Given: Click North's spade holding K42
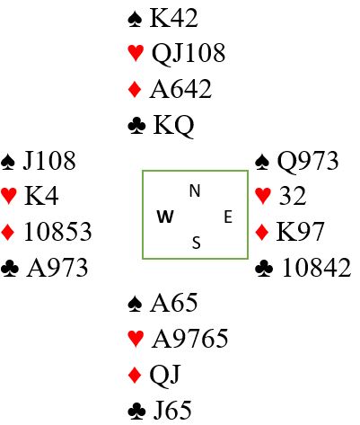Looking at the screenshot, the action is [173, 18].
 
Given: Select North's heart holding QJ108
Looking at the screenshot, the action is [189, 53].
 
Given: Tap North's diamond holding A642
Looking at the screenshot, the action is [180, 89].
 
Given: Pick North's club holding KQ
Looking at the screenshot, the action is [173, 125].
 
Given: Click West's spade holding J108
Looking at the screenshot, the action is [49, 161].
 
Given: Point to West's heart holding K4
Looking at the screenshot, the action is [41, 196].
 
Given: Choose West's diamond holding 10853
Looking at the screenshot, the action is [57, 232].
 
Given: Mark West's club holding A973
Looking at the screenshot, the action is [57, 268].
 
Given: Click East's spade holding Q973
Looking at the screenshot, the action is [308, 161].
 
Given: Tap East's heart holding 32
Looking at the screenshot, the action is [293, 196].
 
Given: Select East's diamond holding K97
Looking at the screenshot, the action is [300, 232].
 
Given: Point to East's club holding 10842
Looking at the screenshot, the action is [316, 268].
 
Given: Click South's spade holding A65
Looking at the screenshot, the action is [173, 303].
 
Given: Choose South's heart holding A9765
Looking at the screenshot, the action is [189, 339].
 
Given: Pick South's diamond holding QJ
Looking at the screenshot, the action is [165, 375].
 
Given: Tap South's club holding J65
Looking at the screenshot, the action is [172, 410].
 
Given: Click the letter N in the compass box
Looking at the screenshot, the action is [195, 190].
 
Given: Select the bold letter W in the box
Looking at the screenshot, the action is [165, 217].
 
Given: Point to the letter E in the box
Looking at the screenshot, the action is [228, 217].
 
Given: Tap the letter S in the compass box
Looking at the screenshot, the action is [196, 243].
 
